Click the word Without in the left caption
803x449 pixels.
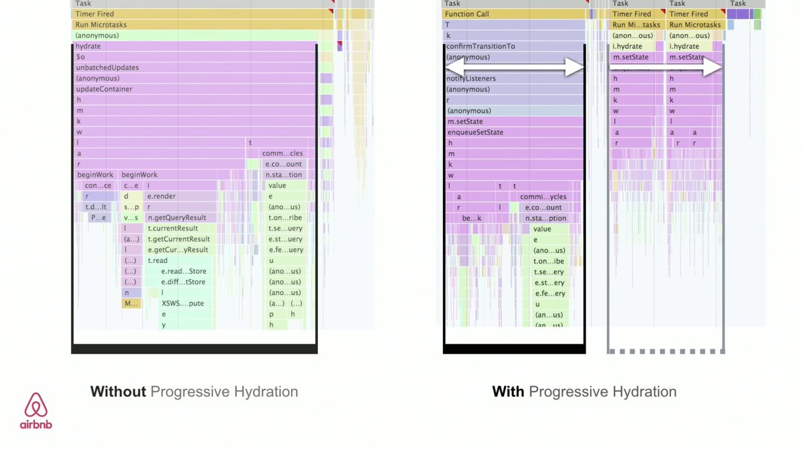(118, 391)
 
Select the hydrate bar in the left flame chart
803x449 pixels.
(194, 46)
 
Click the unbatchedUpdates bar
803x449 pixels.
(194, 68)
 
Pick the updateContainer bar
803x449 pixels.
(194, 89)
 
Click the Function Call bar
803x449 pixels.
(512, 14)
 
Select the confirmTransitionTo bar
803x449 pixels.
(512, 46)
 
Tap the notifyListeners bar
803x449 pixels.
(512, 78)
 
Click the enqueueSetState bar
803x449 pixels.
(512, 132)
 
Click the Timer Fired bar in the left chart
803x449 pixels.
(201, 14)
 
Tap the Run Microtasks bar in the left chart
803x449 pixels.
(201, 25)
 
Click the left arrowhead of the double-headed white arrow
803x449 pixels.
(452, 67)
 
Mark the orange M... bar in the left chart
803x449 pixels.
(131, 303)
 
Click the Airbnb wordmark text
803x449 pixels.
(36, 424)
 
